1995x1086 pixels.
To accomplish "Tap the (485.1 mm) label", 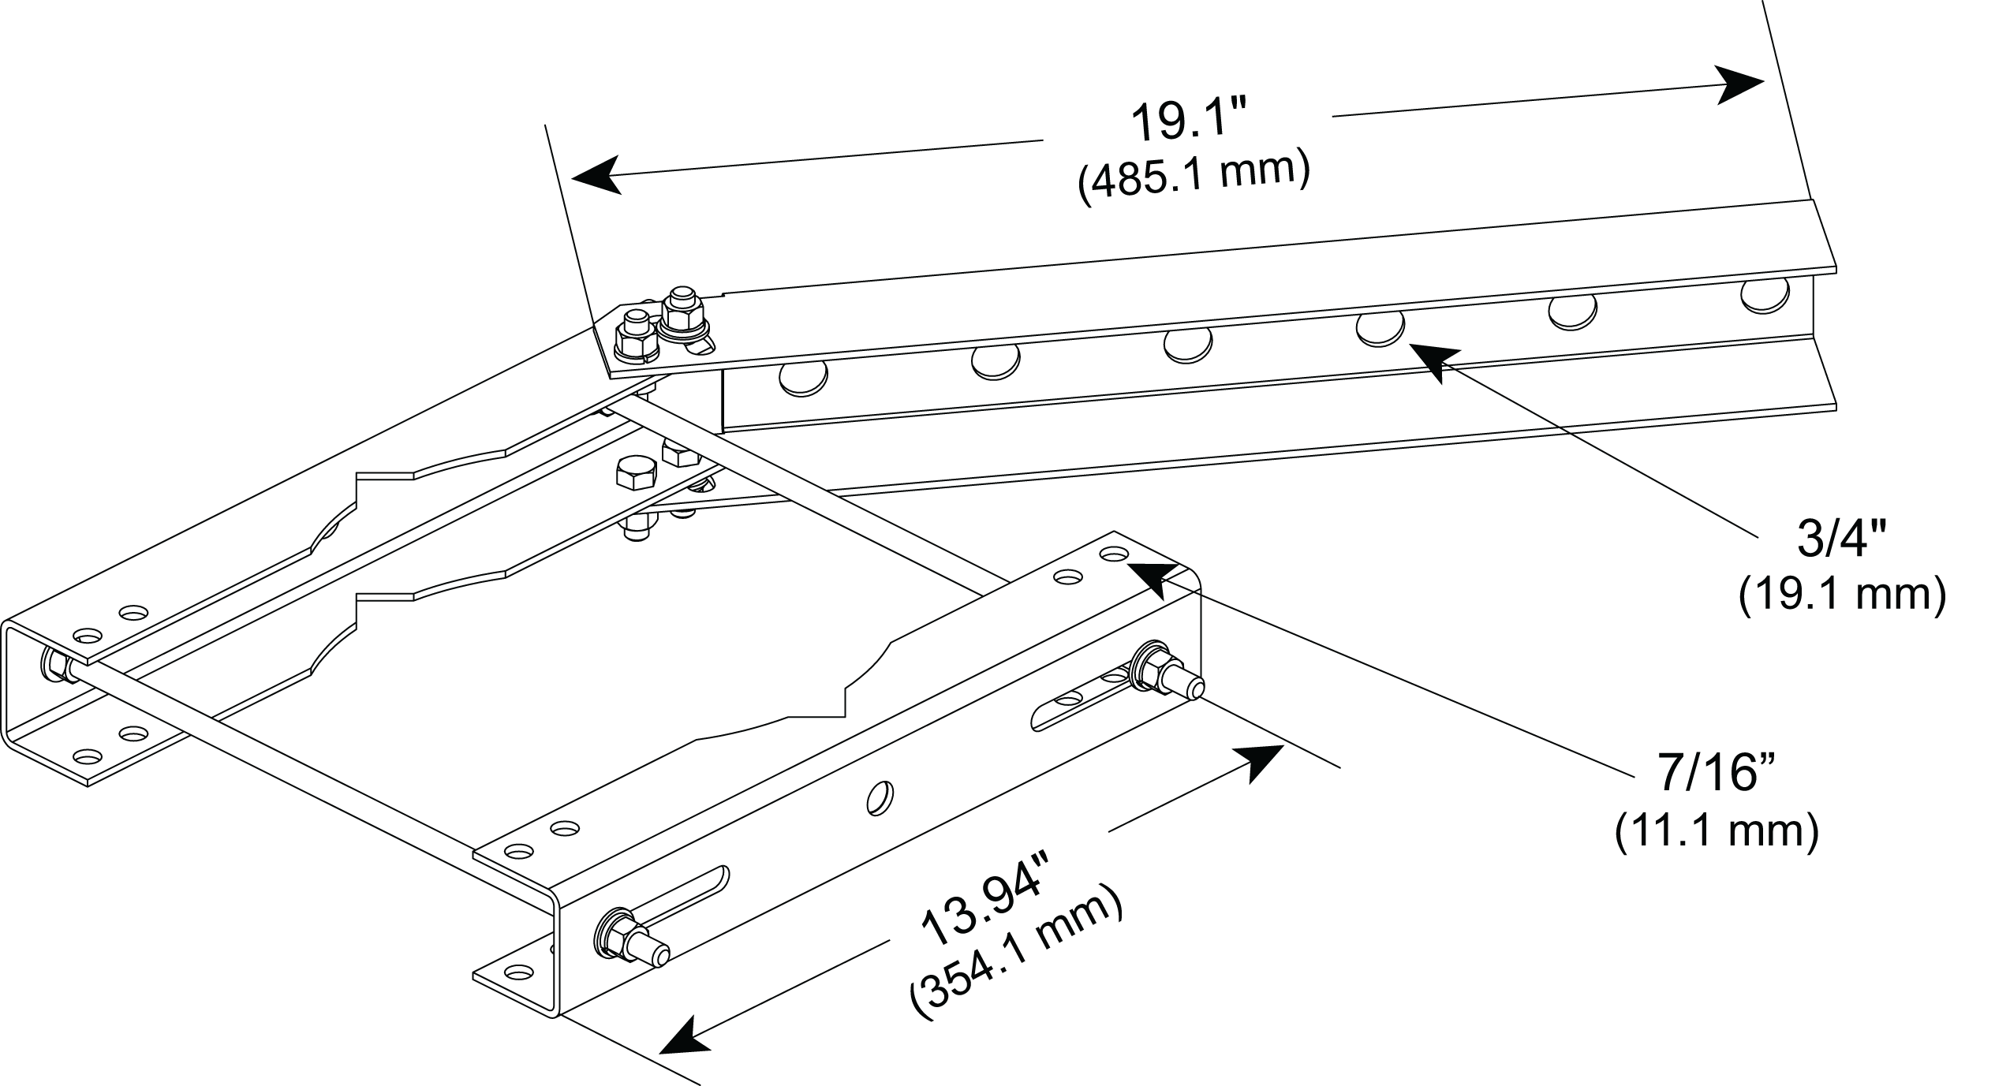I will (1194, 180).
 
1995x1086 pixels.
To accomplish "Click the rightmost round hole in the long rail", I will (1765, 295).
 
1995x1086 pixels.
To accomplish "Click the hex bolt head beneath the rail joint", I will (635, 473).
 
